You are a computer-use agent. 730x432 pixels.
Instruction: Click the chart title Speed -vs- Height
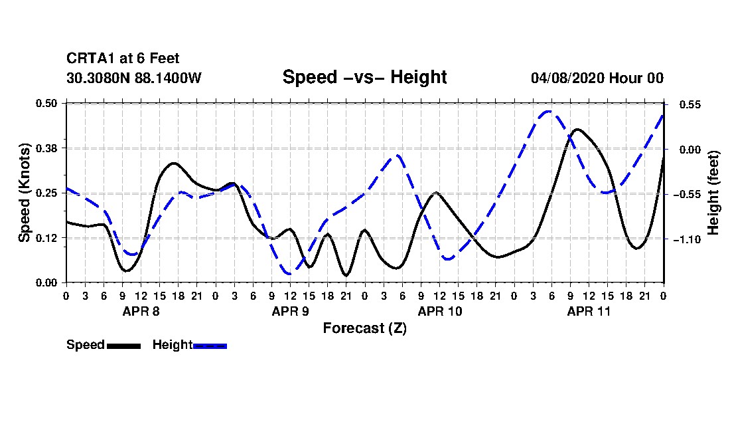[x=364, y=77]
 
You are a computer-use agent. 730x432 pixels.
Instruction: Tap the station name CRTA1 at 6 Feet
[x=123, y=58]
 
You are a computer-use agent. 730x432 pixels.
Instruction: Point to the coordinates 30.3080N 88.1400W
[x=134, y=78]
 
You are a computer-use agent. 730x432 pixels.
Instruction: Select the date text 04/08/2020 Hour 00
[x=597, y=78]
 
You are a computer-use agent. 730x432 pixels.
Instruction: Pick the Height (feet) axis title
[x=713, y=193]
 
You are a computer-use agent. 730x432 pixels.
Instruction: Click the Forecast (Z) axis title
[x=364, y=328]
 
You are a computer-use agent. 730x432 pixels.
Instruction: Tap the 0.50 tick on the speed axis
[x=46, y=103]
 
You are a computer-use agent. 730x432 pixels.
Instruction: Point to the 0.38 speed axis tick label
[x=46, y=148]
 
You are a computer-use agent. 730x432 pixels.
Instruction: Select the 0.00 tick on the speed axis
[x=46, y=283]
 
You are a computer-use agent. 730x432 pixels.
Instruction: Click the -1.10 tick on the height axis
[x=687, y=239]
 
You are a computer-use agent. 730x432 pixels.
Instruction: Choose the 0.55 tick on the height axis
[x=690, y=105]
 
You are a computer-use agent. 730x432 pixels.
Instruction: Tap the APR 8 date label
[x=141, y=311]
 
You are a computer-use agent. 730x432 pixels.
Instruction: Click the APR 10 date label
[x=440, y=311]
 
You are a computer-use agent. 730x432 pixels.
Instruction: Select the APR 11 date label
[x=589, y=311]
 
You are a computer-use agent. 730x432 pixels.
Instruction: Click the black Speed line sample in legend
[x=124, y=346]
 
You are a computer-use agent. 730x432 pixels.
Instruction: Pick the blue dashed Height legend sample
[x=210, y=346]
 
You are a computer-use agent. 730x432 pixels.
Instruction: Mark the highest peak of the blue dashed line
[x=549, y=112]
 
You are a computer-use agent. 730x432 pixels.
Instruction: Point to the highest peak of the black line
[x=577, y=129]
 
